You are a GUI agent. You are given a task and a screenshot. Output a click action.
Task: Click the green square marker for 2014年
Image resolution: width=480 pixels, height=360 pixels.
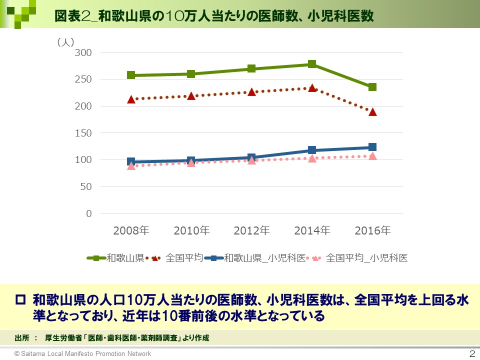point(312,64)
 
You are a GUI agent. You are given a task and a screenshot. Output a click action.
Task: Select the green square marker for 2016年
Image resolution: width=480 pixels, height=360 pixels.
point(372,87)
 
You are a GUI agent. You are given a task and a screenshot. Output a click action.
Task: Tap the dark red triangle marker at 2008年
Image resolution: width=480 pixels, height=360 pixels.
point(131,99)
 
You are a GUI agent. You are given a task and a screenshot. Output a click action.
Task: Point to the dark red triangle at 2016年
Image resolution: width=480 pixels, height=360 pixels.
point(372,112)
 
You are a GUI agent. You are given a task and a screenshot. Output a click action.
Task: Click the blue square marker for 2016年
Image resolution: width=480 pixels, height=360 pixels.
point(372,147)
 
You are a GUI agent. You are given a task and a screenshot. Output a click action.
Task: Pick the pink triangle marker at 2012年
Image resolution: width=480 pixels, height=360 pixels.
point(251,160)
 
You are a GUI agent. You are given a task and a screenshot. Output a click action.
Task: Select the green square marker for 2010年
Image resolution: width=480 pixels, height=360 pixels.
point(191,74)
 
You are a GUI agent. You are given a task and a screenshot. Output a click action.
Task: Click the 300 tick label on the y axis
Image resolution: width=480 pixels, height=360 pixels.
point(83,52)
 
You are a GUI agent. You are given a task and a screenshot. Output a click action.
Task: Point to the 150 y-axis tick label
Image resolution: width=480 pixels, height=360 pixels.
point(83,133)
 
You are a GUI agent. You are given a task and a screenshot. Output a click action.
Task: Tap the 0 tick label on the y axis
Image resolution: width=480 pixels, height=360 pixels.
point(89,213)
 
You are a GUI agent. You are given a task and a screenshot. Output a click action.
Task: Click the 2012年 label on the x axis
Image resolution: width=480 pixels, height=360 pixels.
point(251,230)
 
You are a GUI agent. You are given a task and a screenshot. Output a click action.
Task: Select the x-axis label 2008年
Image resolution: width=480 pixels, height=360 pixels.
point(131,230)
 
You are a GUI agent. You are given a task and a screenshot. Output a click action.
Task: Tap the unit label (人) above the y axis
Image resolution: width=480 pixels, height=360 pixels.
point(66,42)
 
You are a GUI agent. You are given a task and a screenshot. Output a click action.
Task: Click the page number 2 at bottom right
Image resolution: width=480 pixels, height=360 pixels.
point(471,353)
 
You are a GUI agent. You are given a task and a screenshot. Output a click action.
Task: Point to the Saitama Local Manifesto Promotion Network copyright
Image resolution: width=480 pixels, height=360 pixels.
point(82,353)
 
